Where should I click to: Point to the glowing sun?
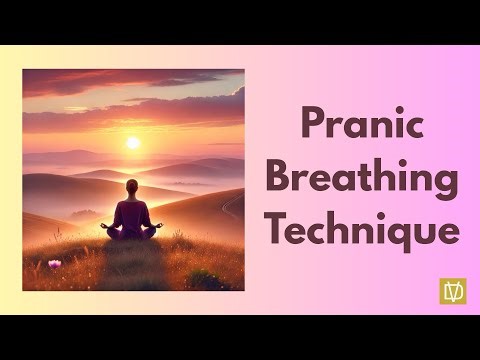133,143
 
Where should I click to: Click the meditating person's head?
132,187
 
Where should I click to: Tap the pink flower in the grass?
54,264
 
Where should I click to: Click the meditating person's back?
132,213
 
